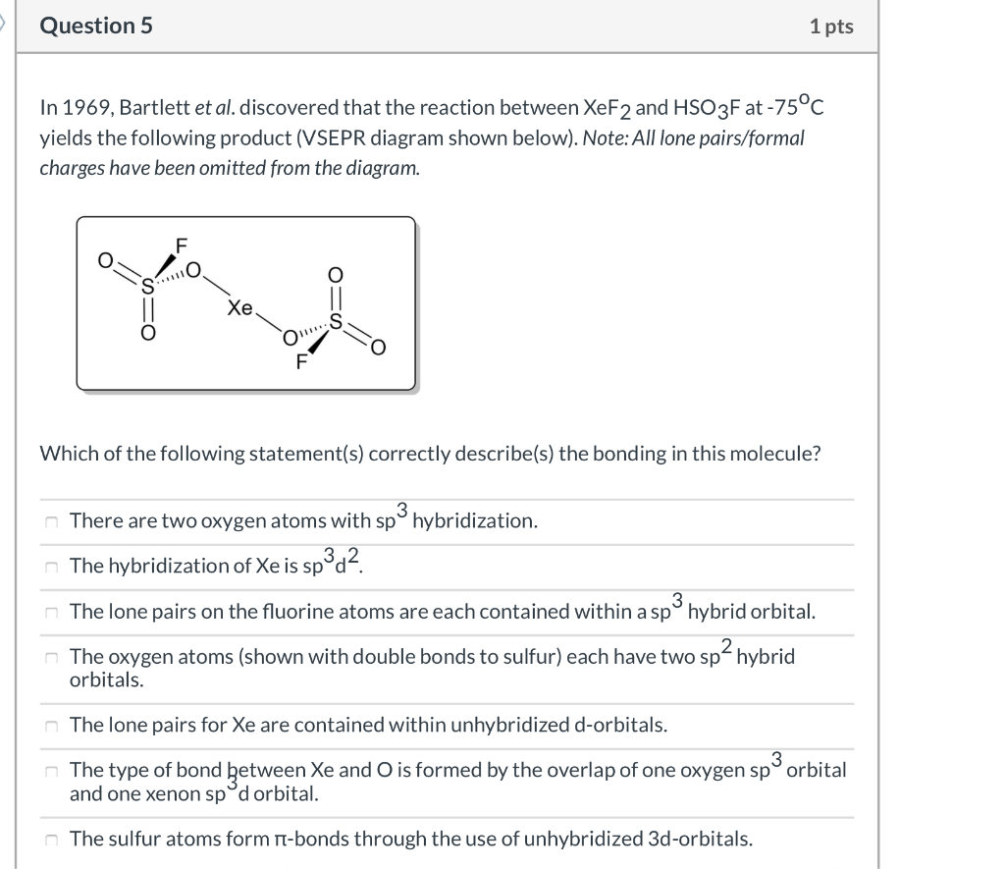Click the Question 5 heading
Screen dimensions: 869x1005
click(96, 27)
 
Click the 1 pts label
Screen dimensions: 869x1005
click(831, 27)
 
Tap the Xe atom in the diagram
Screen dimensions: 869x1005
click(238, 307)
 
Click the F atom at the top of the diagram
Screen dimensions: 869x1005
click(181, 244)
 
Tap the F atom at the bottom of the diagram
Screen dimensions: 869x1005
click(301, 360)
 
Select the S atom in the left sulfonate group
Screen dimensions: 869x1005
click(149, 287)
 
